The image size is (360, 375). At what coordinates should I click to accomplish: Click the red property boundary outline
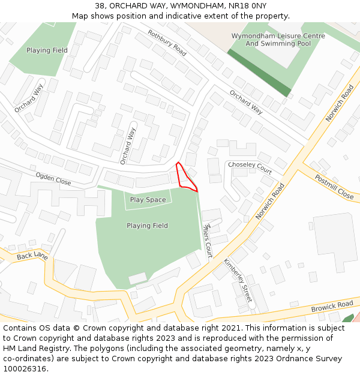(x=187, y=178)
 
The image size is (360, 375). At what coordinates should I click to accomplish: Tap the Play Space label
(x=148, y=200)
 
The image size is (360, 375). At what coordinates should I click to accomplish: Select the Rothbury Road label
(x=167, y=44)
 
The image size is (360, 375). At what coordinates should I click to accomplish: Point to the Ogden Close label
(x=53, y=178)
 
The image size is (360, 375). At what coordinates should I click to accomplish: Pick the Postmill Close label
(x=334, y=186)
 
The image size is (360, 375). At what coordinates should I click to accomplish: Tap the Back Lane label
(x=32, y=256)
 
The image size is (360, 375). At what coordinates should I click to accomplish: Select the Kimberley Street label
(x=238, y=275)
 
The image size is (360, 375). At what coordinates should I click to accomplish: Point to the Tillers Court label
(x=207, y=238)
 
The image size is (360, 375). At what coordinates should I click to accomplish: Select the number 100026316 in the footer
(x=25, y=369)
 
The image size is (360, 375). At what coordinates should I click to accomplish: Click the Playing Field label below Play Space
(x=147, y=226)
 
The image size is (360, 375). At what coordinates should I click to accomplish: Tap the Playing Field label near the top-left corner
(x=47, y=50)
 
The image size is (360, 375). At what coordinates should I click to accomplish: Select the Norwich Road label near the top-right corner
(x=340, y=104)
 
